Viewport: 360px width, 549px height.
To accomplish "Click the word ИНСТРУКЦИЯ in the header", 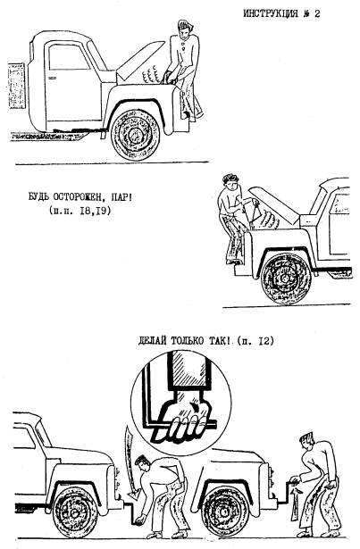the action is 271,13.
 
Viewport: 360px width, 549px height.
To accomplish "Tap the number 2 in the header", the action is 317,13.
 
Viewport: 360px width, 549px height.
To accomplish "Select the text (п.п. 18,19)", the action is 80,211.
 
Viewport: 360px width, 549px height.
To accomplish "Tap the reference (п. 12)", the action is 255,341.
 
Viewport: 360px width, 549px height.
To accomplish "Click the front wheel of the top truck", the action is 135,135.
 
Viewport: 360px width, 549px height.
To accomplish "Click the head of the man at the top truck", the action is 185,30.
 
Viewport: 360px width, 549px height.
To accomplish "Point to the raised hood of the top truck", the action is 139,60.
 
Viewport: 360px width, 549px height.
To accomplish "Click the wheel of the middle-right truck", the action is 285,279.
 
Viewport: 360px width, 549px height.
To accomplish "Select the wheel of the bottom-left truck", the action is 74,513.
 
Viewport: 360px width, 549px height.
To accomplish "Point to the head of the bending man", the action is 144,463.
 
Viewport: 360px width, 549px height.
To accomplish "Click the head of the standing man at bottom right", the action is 308,442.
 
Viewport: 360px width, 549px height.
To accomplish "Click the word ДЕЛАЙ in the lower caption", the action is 152,341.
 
